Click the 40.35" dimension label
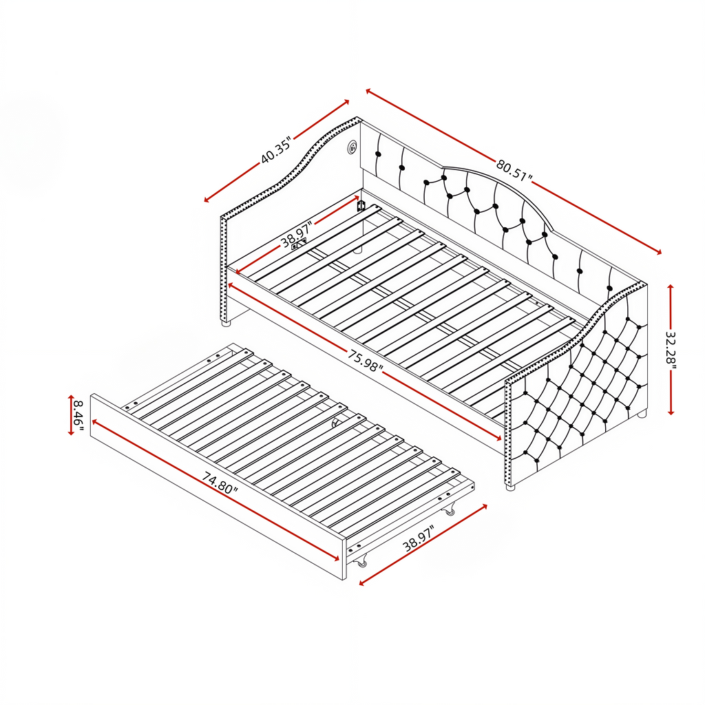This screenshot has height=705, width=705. pos(277,149)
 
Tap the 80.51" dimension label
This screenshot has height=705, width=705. pos(514,170)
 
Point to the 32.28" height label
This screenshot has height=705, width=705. pos(671,349)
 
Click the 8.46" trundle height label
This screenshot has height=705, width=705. pos(78,415)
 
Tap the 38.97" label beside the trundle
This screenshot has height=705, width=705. pos(418,538)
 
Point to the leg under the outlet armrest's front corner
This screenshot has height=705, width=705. pos(225,322)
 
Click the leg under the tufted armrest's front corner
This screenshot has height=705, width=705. pos(510,487)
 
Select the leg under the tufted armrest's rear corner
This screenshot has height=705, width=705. pos(642,413)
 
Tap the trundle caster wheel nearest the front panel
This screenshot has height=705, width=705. pos(361,562)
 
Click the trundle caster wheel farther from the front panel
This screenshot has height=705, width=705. pos(450,510)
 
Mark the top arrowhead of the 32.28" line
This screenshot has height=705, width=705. pos(671,287)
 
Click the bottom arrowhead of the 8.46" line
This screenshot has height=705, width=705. pos(71,432)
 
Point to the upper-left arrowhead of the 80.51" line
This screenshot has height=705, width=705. pos(369,91)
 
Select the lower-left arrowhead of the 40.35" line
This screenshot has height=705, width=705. pos(207,200)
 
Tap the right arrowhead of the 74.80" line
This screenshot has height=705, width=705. pos(336,559)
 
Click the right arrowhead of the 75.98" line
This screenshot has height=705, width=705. pos(498,439)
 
